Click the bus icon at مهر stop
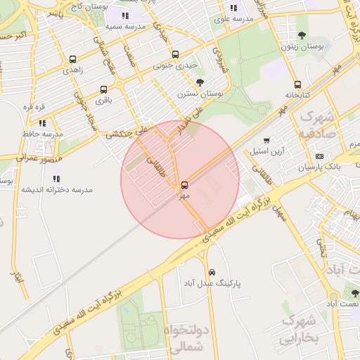pos(184,185)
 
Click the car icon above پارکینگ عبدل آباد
pos(211,272)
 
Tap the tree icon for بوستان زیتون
pos(302,35)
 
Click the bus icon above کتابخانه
pos(297,84)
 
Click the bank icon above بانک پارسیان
pos(319,156)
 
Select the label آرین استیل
pos(266,151)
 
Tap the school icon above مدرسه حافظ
pos(42,123)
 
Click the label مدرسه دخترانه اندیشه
pos(56,190)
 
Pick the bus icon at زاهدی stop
pos(73,60)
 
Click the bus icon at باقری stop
pos(104,89)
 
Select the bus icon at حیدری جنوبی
pos(175,55)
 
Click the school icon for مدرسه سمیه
pos(125,15)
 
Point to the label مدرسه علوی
pos(234,19)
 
